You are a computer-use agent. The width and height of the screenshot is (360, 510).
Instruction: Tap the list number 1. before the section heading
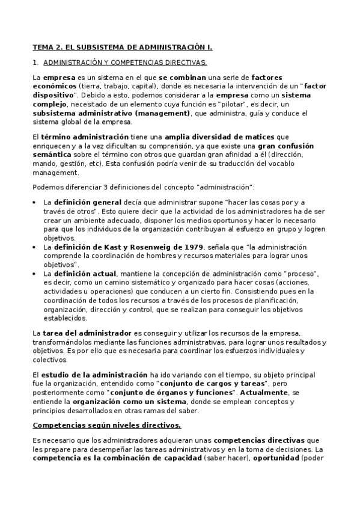pos(35,62)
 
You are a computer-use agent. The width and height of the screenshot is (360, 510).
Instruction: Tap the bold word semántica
pos(50,155)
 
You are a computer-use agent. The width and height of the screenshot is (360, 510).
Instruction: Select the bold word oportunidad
pos(275,458)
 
